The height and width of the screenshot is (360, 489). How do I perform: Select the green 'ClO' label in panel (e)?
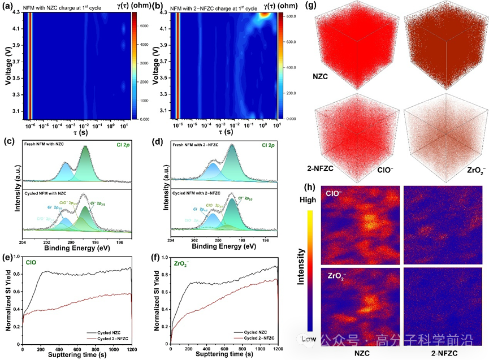(x=33, y=261)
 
